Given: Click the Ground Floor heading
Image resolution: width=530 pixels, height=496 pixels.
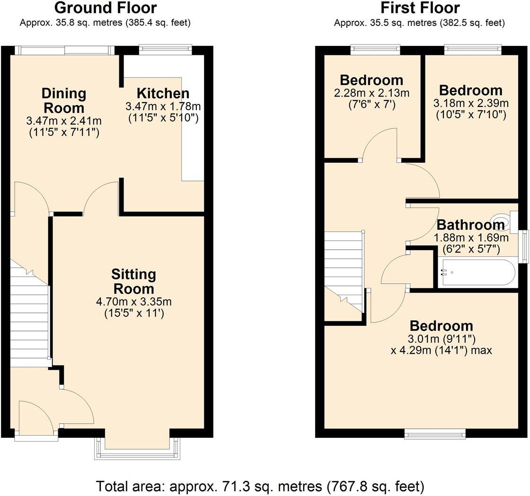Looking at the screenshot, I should [x=106, y=8].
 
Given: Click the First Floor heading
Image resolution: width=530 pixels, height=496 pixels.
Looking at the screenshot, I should [x=419, y=8].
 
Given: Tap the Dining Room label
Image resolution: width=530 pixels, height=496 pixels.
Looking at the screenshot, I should [x=63, y=100].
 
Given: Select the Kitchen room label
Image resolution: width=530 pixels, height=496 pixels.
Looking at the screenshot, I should [x=163, y=93].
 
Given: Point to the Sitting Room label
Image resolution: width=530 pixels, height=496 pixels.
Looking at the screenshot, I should [x=133, y=281].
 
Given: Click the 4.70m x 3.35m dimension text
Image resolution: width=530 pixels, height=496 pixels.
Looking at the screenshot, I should [x=133, y=301].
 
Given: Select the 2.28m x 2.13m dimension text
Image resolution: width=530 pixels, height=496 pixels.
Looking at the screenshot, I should [x=371, y=93].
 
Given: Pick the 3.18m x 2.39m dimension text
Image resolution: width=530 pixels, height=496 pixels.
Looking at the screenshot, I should [x=470, y=103].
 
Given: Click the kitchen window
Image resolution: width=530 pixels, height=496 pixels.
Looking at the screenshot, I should [x=165, y=49].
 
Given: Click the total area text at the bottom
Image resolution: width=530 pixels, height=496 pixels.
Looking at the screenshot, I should [x=260, y=486].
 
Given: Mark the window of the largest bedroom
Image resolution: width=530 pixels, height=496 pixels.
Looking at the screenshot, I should [x=434, y=434].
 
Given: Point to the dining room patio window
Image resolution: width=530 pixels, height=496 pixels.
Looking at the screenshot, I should [x=64, y=50].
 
